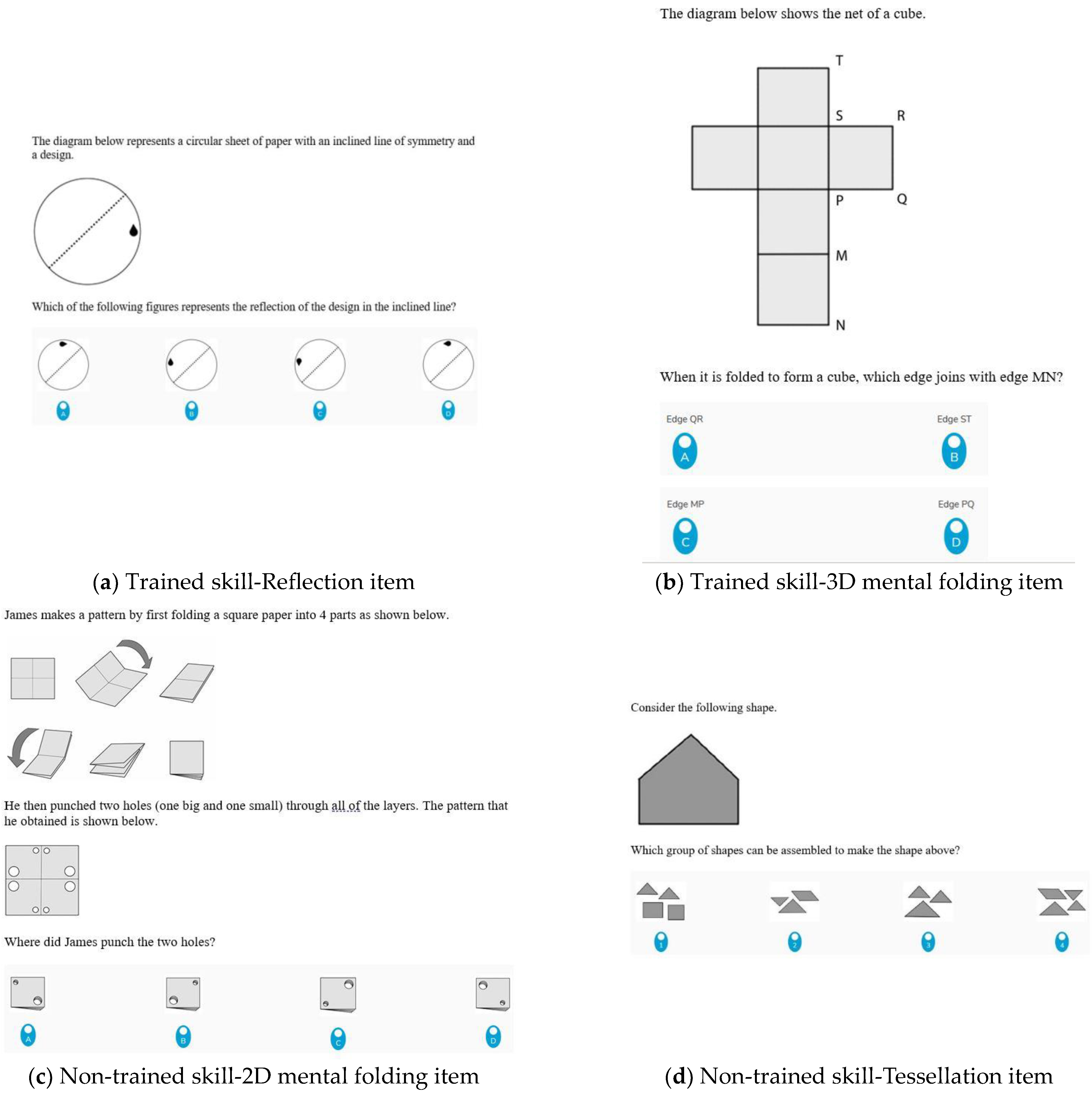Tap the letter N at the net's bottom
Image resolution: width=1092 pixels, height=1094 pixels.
[840, 325]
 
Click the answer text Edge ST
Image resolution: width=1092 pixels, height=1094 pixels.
[954, 419]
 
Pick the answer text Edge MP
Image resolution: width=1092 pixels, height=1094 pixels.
[685, 504]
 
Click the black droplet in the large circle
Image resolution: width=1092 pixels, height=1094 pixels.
[134, 230]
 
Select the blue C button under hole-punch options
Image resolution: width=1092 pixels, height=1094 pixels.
[338, 1038]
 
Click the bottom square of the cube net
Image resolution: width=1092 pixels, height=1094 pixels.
[792, 289]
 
